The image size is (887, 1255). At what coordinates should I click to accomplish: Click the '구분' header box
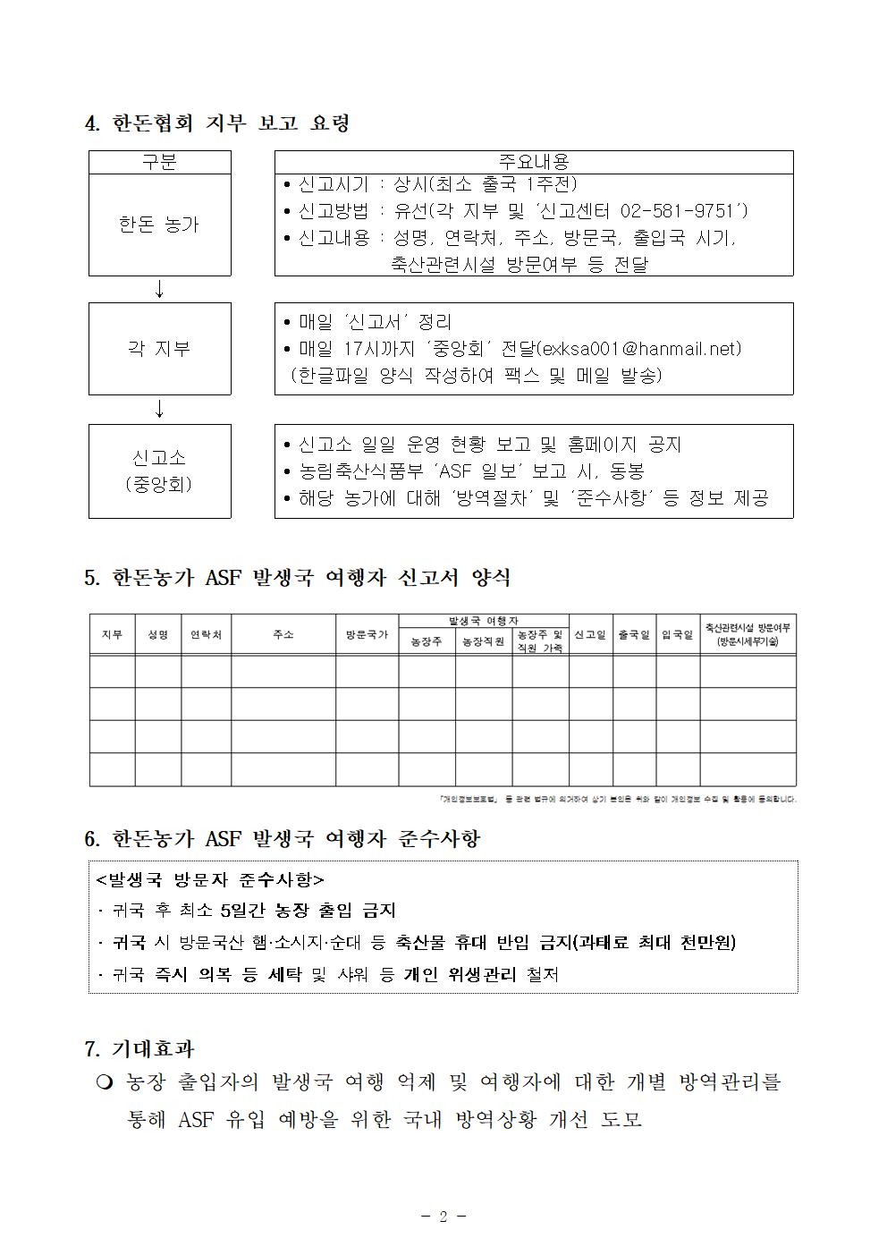coord(159,162)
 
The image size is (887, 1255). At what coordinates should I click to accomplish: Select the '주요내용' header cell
coord(533,162)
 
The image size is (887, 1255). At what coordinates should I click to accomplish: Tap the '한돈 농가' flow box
coord(159,225)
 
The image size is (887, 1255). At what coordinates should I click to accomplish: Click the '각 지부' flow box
coord(159,348)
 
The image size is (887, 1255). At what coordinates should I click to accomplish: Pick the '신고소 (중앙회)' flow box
coord(159,471)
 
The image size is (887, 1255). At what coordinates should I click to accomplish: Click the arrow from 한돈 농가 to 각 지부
coord(160,289)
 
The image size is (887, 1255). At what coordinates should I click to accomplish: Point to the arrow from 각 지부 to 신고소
coord(160,409)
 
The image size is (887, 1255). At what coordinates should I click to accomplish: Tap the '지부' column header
coord(112,634)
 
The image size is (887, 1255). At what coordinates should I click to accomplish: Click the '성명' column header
coord(158,634)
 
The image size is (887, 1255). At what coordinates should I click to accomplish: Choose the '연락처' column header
coord(207,634)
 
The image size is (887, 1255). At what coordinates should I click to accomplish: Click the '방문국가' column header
coord(367,634)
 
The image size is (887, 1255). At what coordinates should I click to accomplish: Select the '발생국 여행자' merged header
coord(484,621)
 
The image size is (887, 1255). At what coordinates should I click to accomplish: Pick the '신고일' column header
coord(590,634)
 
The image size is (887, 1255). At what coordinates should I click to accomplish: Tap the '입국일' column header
coord(678,634)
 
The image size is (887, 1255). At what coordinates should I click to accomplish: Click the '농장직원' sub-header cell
coord(484,641)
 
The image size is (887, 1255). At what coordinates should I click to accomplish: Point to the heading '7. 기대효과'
coord(139,1048)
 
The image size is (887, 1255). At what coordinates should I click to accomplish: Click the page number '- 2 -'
coord(443,1216)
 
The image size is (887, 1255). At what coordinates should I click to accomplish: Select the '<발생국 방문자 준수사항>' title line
coord(210,879)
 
